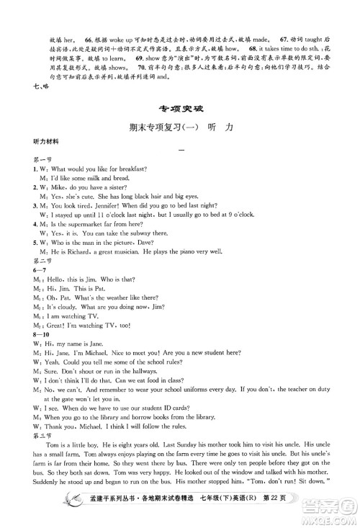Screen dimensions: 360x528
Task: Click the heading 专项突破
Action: pyautogui.click(x=179, y=109)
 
